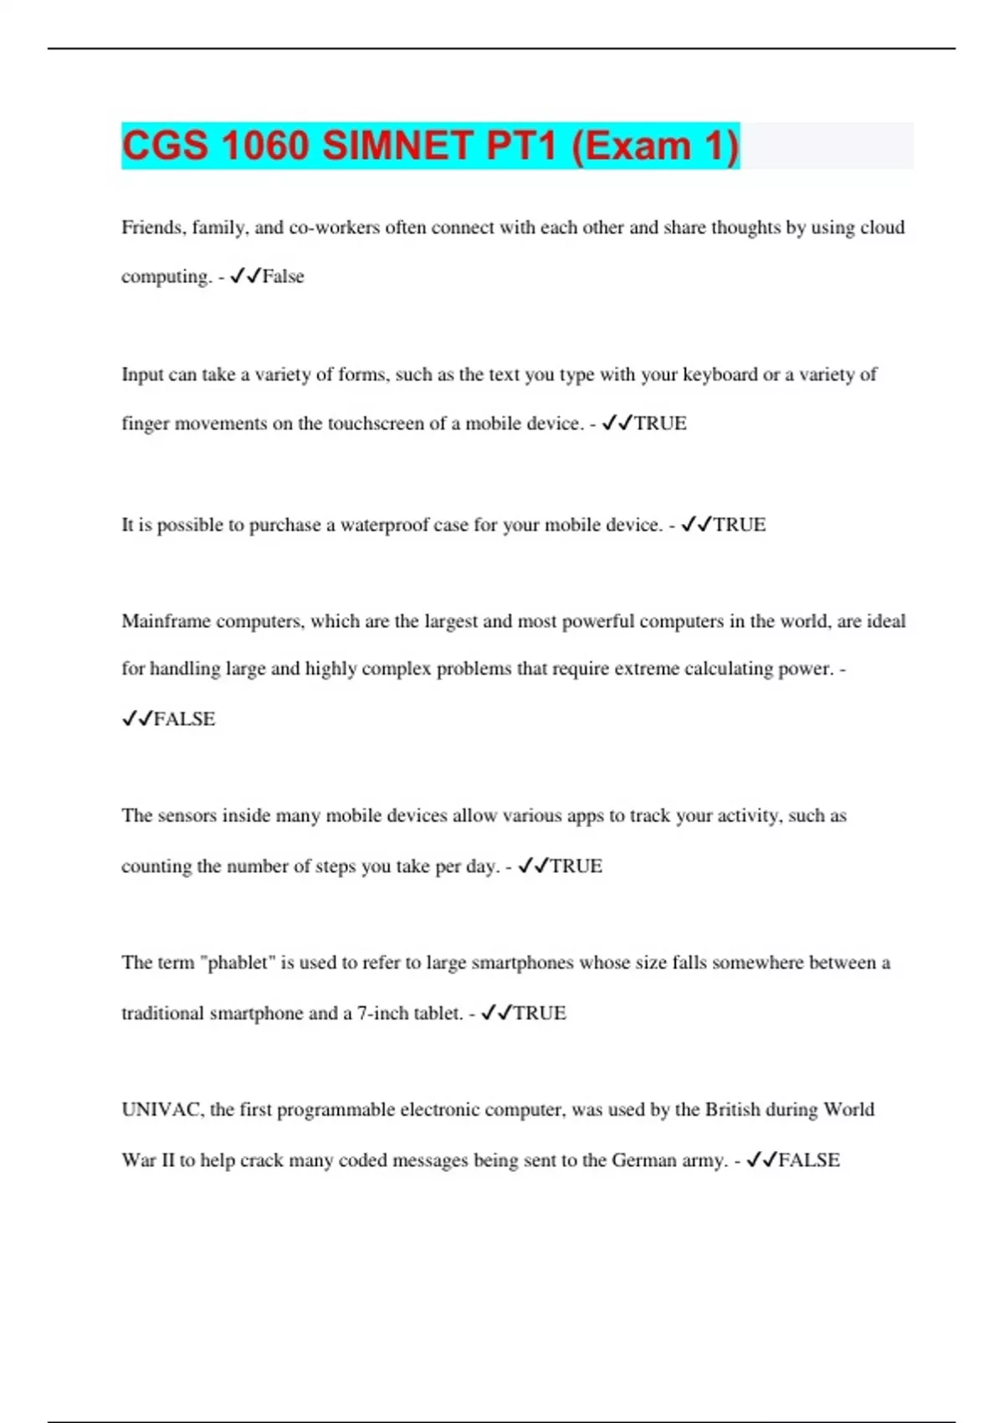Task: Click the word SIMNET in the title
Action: tap(397, 146)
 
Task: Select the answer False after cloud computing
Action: tap(283, 277)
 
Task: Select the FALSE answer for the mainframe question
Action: tap(184, 719)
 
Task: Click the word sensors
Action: tap(186, 815)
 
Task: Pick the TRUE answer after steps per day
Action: tap(576, 866)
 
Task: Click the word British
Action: tap(733, 1110)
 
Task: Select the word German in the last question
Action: tap(643, 1161)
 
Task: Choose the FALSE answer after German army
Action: tap(808, 1161)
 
